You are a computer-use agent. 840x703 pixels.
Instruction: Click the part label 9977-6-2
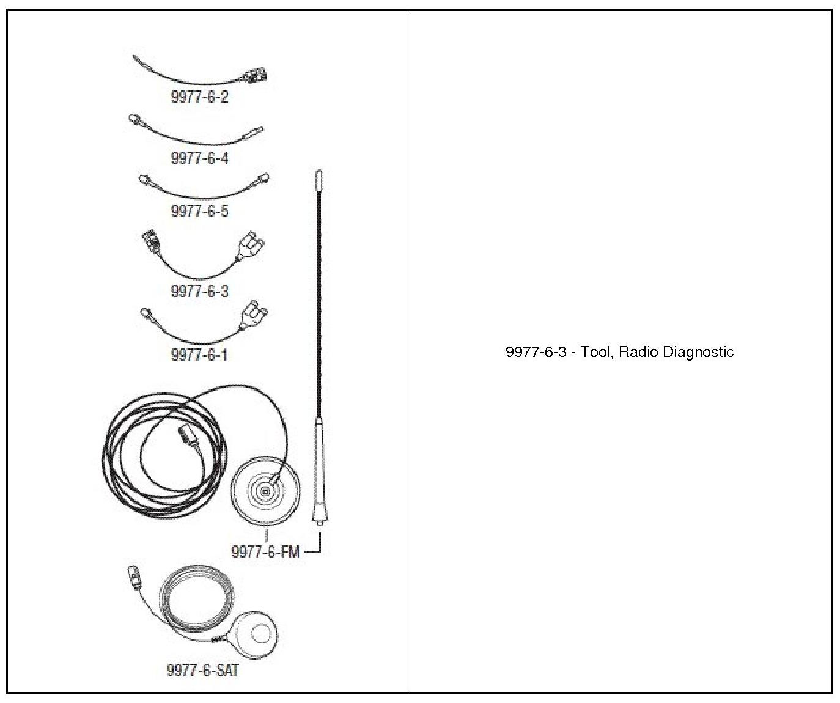pos(199,97)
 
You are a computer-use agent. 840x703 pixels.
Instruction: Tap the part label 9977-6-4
pos(199,158)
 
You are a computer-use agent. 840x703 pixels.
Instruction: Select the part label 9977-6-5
pos(199,211)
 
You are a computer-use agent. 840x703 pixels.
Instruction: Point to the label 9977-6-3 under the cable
pos(199,291)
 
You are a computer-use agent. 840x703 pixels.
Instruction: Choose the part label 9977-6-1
pos(199,355)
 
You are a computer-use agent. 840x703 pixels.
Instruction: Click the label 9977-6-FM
pos(265,551)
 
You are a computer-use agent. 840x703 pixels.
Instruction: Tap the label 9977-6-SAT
pos(202,670)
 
